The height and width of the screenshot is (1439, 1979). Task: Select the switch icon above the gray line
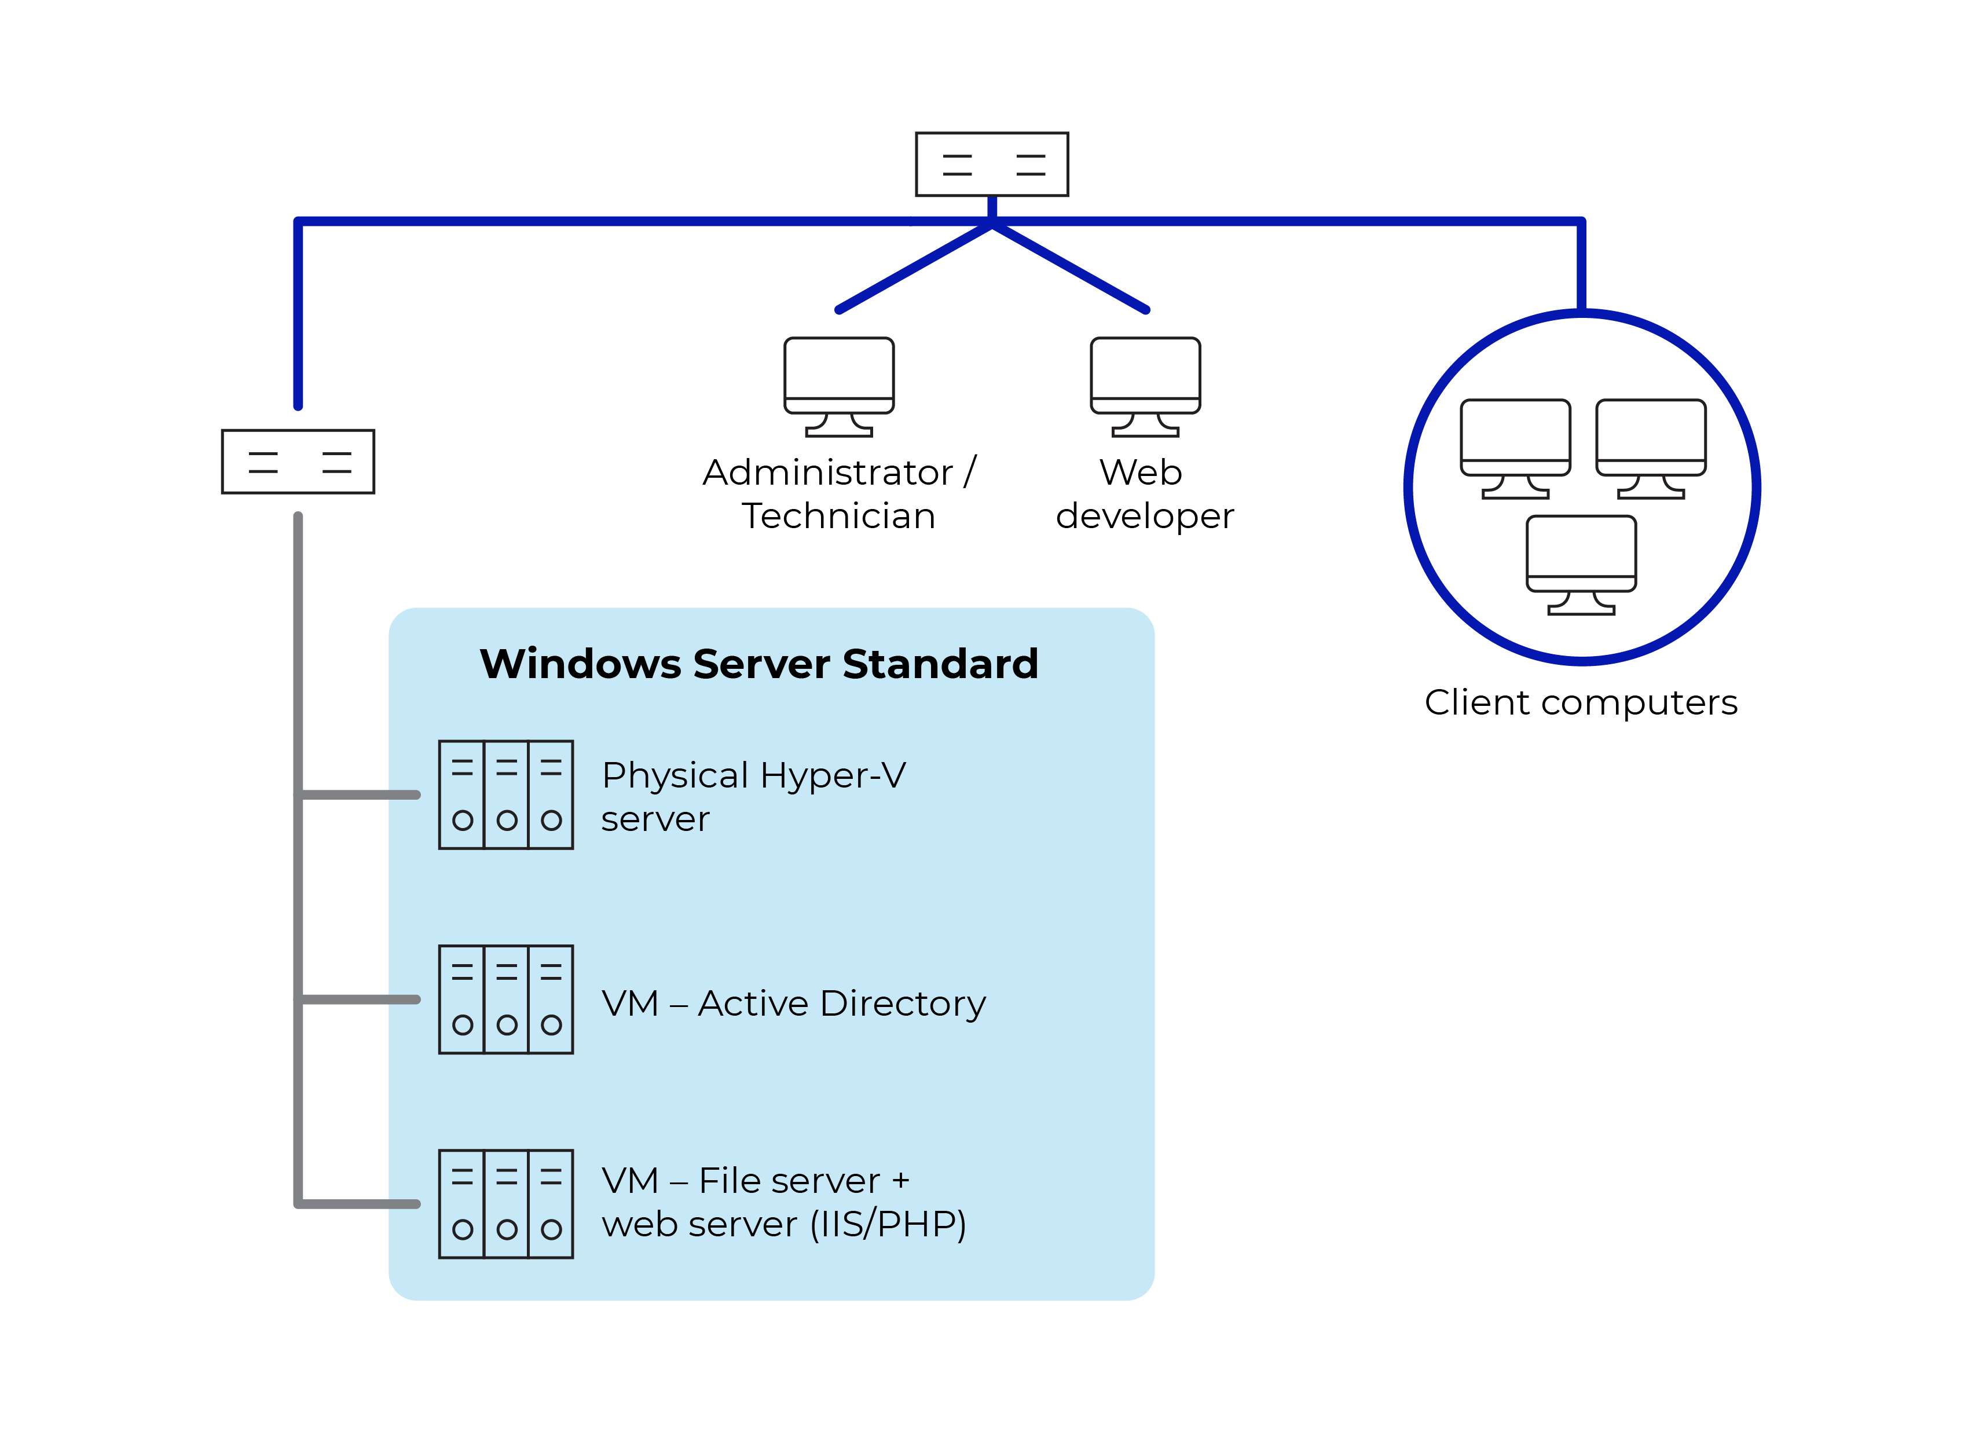point(298,462)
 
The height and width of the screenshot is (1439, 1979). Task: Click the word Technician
point(838,517)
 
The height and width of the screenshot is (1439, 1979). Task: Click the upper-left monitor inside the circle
point(1516,448)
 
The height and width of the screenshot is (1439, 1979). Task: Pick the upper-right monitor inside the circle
point(1651,448)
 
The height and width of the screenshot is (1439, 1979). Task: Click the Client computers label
point(1581,702)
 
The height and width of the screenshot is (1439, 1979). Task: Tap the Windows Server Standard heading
point(759,664)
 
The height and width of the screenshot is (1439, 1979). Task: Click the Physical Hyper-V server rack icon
point(506,795)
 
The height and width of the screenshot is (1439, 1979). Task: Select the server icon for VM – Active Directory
point(506,999)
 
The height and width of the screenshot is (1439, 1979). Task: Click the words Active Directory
point(842,1004)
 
